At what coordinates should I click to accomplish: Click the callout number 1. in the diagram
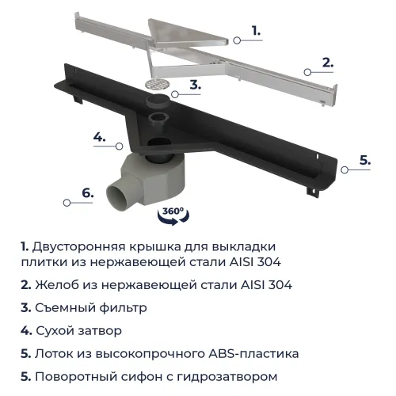[256, 31]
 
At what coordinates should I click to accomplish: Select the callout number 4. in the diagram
[100, 137]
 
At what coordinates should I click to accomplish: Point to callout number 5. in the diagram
[364, 159]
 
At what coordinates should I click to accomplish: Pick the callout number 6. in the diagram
[88, 192]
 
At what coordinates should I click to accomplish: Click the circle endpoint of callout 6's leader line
[67, 202]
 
